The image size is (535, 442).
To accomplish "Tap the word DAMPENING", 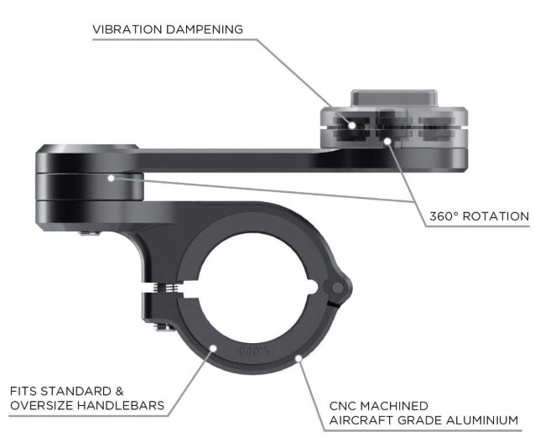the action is click(x=205, y=29).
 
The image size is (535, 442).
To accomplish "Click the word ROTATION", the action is click(x=498, y=216).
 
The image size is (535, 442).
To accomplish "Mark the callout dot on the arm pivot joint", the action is click(x=112, y=177).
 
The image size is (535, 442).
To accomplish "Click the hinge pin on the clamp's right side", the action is click(x=339, y=289).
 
